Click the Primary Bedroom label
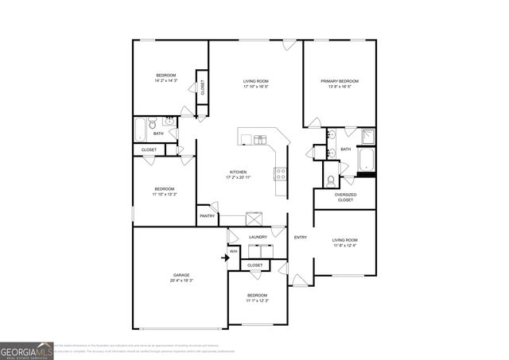pyautogui.click(x=340, y=81)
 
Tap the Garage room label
pyautogui.click(x=181, y=275)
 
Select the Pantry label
pyautogui.click(x=208, y=215)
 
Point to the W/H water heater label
pyautogui.click(x=233, y=252)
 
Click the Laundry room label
pyautogui.click(x=257, y=236)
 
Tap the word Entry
pyautogui.click(x=301, y=237)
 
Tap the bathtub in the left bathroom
pyautogui.click(x=142, y=127)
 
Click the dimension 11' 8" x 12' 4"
pyautogui.click(x=344, y=246)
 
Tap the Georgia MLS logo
pyautogui.click(x=26, y=350)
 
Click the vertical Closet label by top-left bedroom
pyautogui.click(x=202, y=88)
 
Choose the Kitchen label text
pyautogui.click(x=238, y=172)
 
